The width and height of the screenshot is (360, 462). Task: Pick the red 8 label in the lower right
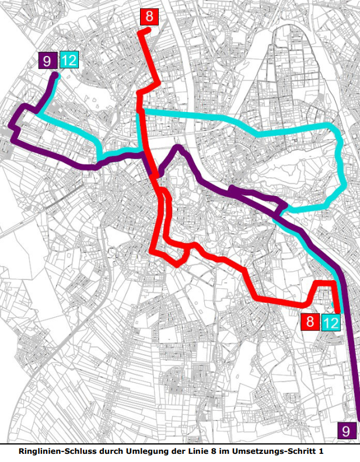coord(310,321)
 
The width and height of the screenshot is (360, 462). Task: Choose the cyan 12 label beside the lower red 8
coord(330,322)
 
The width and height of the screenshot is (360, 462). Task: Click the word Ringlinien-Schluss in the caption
coord(54,452)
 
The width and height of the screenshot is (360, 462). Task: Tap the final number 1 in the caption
coord(320,452)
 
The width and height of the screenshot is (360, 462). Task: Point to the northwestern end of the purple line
coord(55,76)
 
